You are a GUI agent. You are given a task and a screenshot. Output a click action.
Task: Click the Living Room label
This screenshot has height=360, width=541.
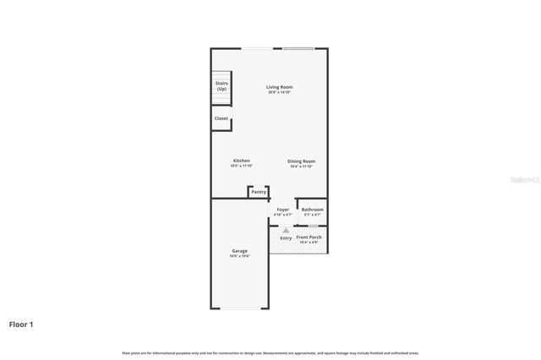pyautogui.click(x=279, y=87)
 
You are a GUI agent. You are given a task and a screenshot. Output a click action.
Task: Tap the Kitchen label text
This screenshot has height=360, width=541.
pyautogui.click(x=241, y=161)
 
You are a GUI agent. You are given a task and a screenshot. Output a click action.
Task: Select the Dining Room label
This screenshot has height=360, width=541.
pyautogui.click(x=301, y=161)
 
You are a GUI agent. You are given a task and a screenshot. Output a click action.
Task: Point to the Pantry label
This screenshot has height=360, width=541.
pyautogui.click(x=259, y=192)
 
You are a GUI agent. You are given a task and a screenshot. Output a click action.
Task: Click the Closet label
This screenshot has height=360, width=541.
pyautogui.click(x=221, y=118)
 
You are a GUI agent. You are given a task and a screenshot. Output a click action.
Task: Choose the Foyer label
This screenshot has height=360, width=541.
pyautogui.click(x=282, y=209)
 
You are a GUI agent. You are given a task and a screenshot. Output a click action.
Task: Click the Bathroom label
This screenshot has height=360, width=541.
pyautogui.click(x=313, y=209)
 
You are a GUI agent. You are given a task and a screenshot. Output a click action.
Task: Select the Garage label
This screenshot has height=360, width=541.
pyautogui.click(x=240, y=251)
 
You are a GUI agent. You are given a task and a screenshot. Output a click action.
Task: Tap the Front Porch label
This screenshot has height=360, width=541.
pyautogui.click(x=309, y=237)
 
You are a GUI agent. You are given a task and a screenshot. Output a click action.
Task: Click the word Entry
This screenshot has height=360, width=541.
pyautogui.click(x=286, y=238)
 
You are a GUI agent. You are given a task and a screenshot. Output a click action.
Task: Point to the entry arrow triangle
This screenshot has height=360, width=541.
pyautogui.click(x=286, y=230)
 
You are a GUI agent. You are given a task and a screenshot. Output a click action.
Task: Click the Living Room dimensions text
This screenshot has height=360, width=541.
pyautogui.click(x=279, y=92)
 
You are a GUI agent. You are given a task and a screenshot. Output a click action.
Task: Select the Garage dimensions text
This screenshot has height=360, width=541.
pyautogui.click(x=240, y=256)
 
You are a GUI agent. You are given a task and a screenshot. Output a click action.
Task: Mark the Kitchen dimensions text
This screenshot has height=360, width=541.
pyautogui.click(x=241, y=166)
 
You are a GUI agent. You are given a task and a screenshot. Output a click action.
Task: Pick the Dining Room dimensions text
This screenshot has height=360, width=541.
pyautogui.click(x=301, y=166)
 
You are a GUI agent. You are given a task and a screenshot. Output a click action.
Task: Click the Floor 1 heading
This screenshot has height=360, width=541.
pyautogui.click(x=22, y=324)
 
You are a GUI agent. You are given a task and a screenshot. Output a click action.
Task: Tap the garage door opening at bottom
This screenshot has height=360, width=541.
pyautogui.click(x=239, y=308)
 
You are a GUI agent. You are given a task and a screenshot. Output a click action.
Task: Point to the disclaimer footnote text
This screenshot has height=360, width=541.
pyautogui.click(x=270, y=352)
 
